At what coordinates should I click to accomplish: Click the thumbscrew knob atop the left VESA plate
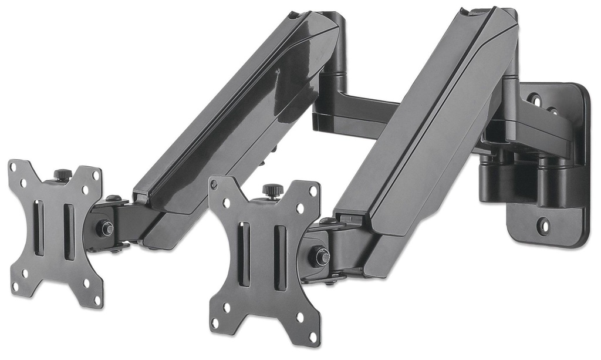coord(63,174)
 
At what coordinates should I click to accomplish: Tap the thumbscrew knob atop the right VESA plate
coord(272,190)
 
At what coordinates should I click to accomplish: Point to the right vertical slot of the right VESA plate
coord(280,258)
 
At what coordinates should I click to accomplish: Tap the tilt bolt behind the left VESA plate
coord(105,228)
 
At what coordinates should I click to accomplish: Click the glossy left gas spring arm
coord(235,117)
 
